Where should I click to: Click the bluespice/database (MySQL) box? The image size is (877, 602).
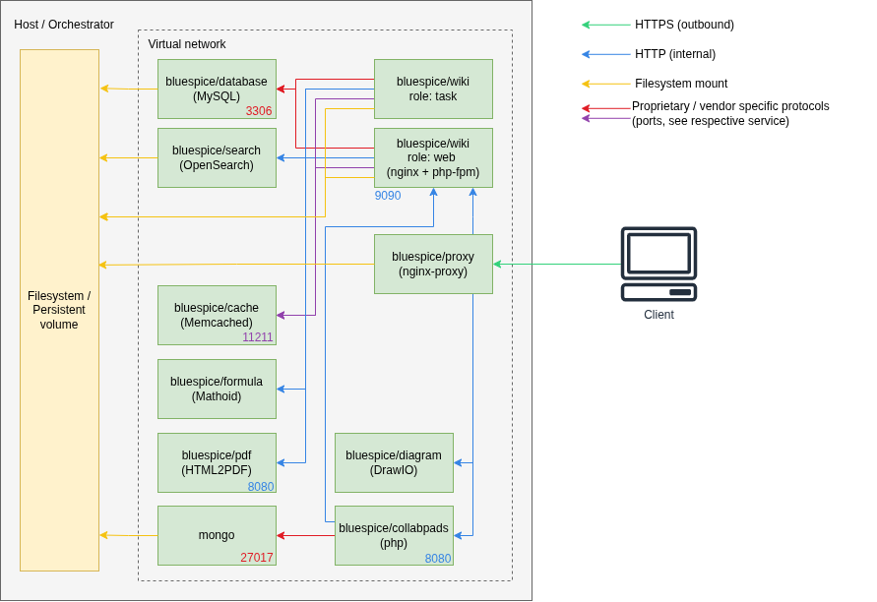click(x=217, y=89)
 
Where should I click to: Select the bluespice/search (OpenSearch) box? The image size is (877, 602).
click(x=217, y=157)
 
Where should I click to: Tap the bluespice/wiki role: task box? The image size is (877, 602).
click(x=433, y=89)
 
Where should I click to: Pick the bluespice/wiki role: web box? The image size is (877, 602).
click(x=433, y=157)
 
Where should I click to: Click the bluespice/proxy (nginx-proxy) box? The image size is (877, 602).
click(x=433, y=264)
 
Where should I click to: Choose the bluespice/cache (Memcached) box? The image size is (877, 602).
click(x=217, y=315)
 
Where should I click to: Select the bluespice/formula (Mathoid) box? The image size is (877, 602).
click(x=217, y=389)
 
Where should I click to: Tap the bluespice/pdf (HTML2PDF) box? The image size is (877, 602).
click(x=217, y=462)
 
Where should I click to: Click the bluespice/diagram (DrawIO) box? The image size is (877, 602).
click(x=394, y=462)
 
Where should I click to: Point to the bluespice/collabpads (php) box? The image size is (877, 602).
click(x=394, y=535)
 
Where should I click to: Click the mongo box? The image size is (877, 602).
click(x=217, y=535)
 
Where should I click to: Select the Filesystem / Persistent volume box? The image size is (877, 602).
click(x=59, y=310)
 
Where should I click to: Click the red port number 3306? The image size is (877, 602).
click(x=259, y=111)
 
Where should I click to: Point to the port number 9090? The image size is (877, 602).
click(x=388, y=196)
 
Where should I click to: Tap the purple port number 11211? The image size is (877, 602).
click(x=258, y=337)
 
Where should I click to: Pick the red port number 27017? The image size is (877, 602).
click(x=257, y=558)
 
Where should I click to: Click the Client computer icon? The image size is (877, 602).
click(x=658, y=265)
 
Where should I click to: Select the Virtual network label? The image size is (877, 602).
click(x=187, y=44)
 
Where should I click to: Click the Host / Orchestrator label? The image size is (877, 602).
click(x=64, y=25)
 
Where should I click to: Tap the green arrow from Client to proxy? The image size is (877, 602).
click(x=556, y=264)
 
